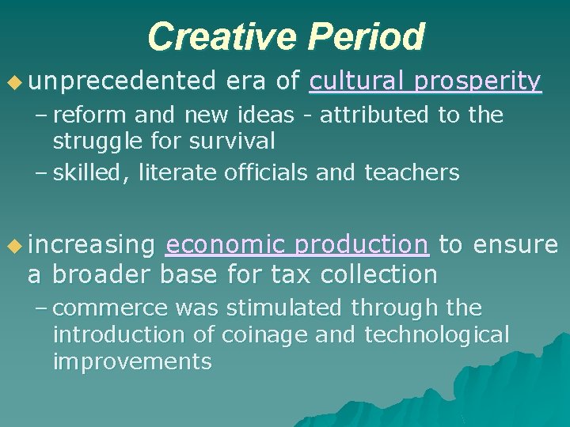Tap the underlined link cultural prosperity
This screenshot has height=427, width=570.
425,81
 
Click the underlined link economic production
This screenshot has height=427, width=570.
297,245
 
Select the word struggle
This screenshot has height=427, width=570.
97,143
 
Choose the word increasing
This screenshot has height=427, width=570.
91,245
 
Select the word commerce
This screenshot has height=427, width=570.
110,307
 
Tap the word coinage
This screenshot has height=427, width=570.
264,334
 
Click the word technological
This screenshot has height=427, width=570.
437,334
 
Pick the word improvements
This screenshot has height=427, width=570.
132,362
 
